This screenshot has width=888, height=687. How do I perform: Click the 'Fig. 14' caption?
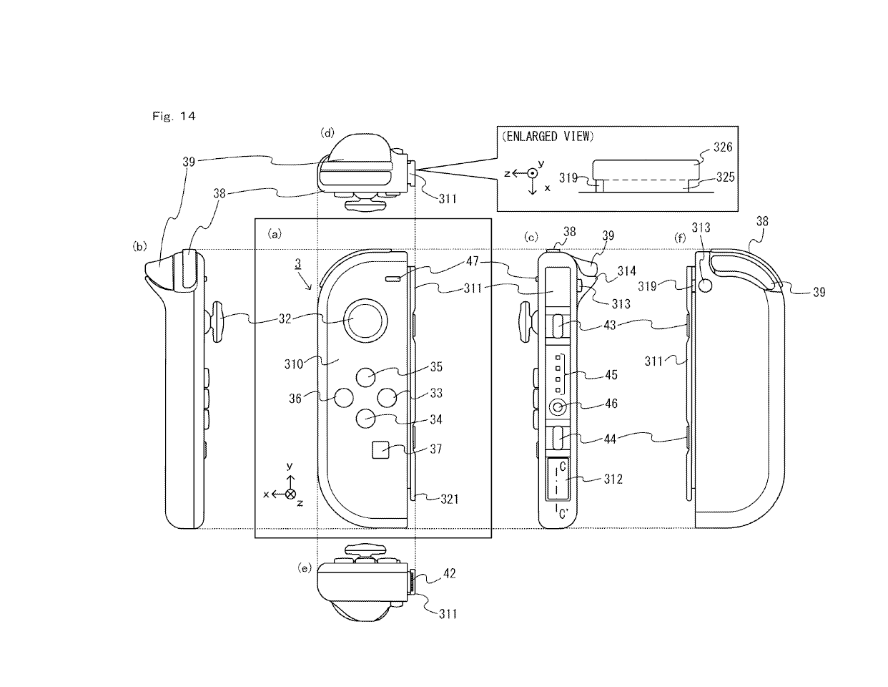click(174, 116)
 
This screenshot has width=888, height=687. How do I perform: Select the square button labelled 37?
click(380, 449)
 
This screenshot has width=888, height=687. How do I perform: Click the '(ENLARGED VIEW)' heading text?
click(548, 137)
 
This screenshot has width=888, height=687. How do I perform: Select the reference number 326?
click(724, 147)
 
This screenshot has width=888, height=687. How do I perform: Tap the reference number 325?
click(725, 177)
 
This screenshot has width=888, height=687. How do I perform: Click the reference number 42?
click(449, 573)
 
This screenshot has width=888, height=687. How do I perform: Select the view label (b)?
click(139, 246)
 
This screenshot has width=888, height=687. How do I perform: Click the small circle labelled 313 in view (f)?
click(706, 284)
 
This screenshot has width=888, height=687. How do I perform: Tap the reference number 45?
click(611, 375)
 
